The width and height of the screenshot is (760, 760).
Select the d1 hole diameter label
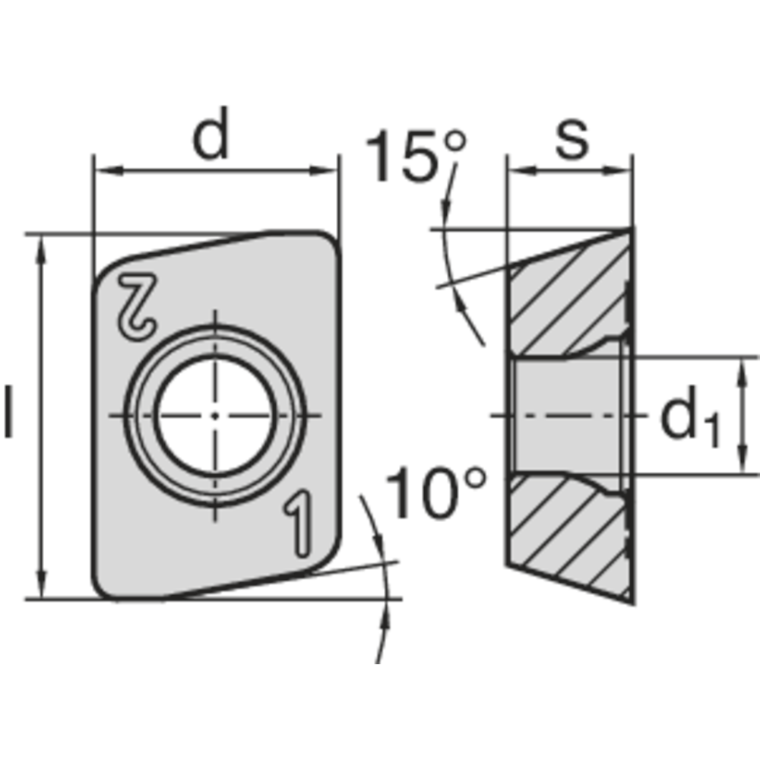(689, 420)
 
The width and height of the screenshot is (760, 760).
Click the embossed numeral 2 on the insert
(138, 305)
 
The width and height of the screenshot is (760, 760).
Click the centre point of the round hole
(216, 415)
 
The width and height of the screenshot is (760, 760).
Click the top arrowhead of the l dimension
(42, 245)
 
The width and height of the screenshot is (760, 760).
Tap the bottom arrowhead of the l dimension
(42, 588)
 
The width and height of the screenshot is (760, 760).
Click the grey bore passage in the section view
(566, 415)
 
